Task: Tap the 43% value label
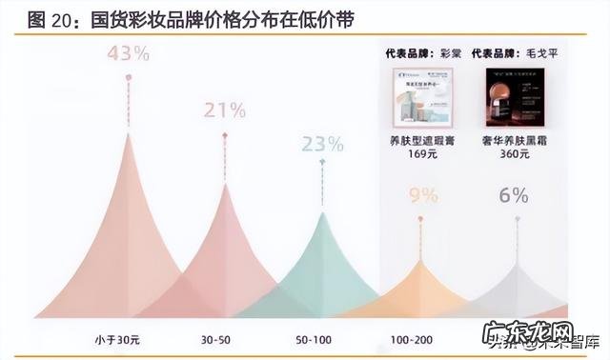tap(128, 54)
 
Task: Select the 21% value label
tap(225, 110)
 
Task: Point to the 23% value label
tap(322, 144)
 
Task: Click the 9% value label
tap(422, 196)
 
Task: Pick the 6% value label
tap(514, 195)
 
